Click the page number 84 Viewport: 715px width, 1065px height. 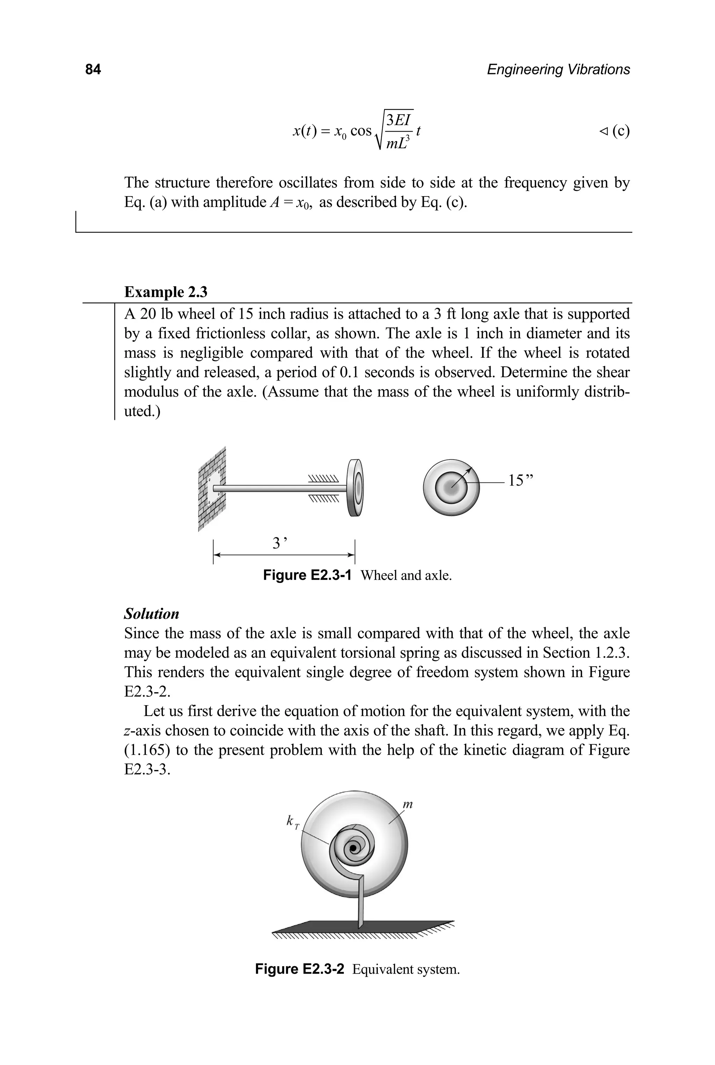93,69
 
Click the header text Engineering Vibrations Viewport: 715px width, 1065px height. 558,69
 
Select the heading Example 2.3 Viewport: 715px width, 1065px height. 165,292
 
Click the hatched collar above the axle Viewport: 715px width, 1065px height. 324,479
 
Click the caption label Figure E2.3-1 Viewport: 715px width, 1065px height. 307,575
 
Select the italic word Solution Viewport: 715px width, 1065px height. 152,614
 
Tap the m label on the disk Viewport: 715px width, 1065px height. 408,804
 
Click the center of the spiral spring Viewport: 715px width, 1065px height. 353,849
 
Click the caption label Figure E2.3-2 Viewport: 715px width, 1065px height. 299,968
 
